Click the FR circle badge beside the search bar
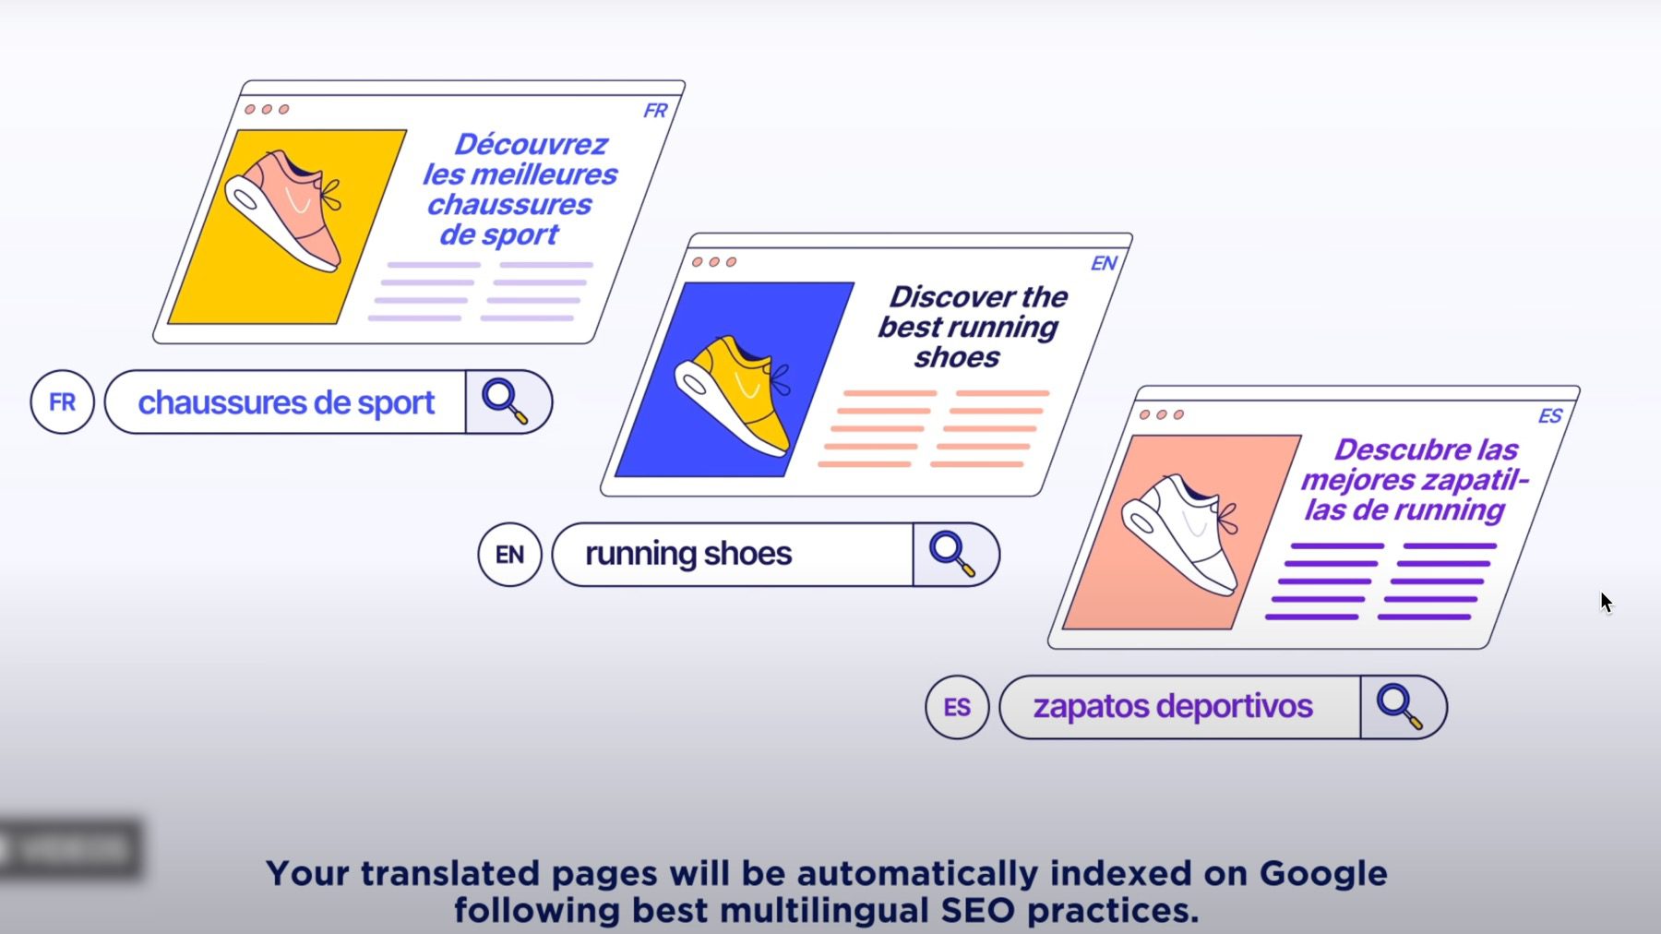tap(63, 402)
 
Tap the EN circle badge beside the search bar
tap(509, 555)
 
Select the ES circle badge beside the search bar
tap(957, 708)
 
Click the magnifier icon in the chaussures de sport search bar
tap(505, 401)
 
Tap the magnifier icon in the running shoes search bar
tap(952, 554)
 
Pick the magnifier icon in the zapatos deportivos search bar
tap(1399, 707)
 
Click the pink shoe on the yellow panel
tap(286, 212)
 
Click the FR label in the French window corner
tap(655, 111)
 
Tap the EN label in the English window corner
tap(1104, 264)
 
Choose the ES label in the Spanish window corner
tap(1550, 416)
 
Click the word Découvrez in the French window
tap(531, 145)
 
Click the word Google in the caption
tap(1323, 873)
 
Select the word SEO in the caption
tap(980, 911)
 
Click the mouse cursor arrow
tap(1606, 602)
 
